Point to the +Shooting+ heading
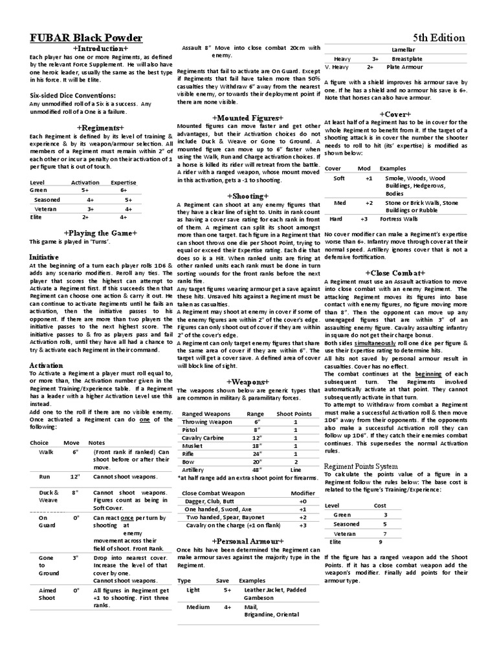248,195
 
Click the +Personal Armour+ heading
248,540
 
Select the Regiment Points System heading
360,465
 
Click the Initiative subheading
44,257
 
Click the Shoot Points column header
294,413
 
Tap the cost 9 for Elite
386,542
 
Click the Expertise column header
123,183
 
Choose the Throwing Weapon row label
207,422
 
